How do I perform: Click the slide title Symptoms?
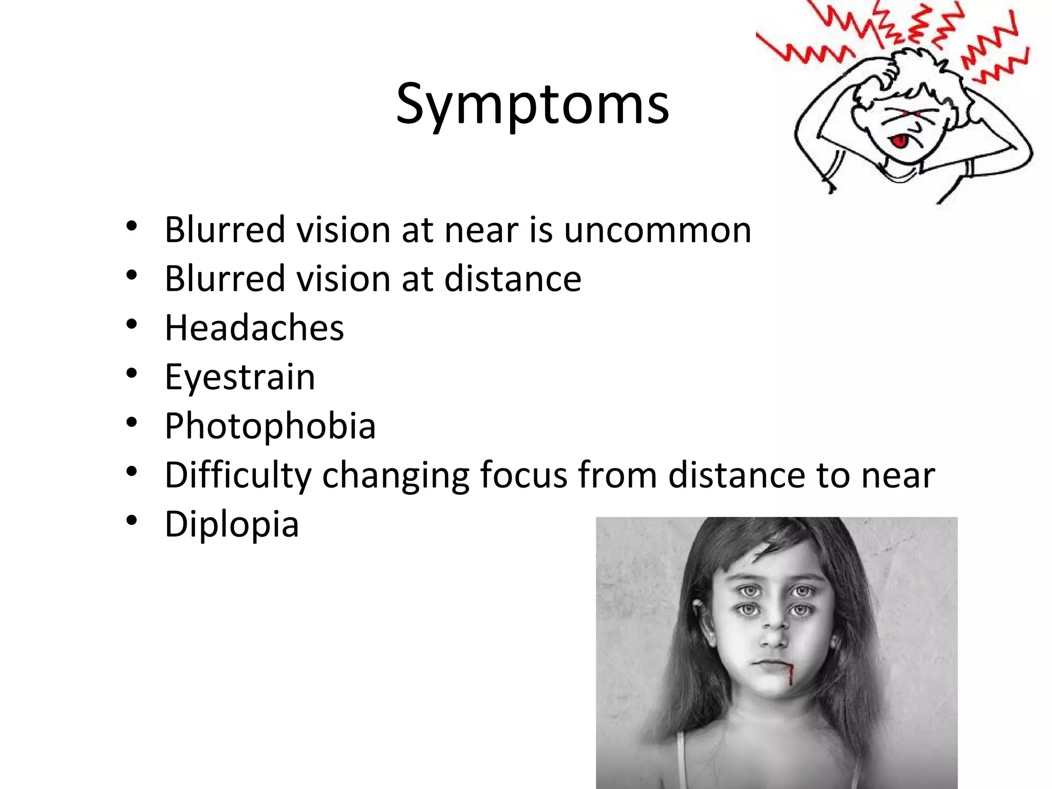click(532, 105)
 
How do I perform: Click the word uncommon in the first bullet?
click(657, 230)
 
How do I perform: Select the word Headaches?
click(254, 328)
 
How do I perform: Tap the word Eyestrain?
click(239, 377)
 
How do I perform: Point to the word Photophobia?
click(270, 426)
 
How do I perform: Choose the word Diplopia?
click(232, 524)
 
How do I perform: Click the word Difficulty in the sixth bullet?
click(238, 475)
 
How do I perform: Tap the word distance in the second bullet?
click(512, 279)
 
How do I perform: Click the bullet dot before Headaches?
click(132, 324)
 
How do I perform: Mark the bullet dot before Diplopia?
click(132, 520)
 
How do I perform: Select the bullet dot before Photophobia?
click(132, 422)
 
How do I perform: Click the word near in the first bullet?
click(481, 230)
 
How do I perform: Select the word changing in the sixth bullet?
click(396, 475)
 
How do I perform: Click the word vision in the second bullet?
click(343, 279)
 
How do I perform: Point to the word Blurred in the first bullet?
click(224, 230)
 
